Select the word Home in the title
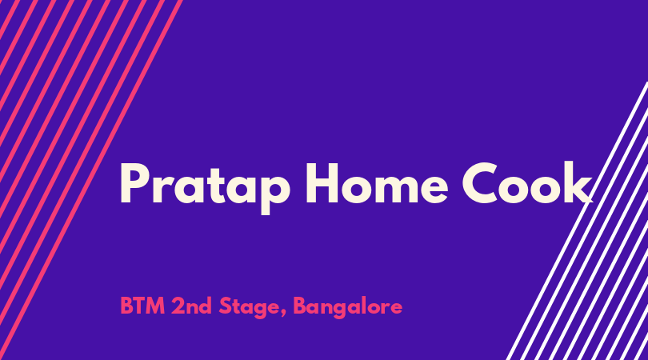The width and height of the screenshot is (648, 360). coord(377,183)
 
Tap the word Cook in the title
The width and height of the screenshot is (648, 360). coord(527,182)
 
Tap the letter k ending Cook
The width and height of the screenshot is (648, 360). coord(578,182)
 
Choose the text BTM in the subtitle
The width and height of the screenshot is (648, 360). coord(142,306)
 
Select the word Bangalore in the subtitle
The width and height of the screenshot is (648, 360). coord(347,308)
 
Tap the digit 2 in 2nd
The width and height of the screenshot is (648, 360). coord(178,306)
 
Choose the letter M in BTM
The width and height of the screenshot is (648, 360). coord(155,306)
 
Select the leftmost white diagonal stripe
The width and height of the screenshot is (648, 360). coord(577,221)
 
